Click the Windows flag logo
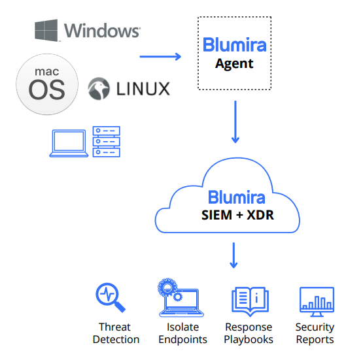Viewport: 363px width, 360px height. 46,30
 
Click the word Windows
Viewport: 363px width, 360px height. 102,31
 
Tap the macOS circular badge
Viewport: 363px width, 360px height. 47,84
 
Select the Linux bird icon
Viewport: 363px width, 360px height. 99,89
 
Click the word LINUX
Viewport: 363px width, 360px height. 143,89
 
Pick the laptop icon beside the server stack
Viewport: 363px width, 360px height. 69,143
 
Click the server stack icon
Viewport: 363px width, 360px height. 106,142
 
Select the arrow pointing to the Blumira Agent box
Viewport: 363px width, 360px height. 160,56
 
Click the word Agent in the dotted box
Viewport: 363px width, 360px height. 234,64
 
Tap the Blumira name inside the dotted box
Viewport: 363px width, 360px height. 235,44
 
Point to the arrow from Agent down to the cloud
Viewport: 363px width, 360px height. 235,122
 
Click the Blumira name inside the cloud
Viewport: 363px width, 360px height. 236,197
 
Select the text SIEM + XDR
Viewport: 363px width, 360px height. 237,215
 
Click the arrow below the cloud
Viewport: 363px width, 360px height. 233,255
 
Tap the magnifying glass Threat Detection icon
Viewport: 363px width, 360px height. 111,297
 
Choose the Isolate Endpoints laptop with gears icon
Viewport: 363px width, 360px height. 181,297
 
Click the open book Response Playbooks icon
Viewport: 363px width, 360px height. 250,302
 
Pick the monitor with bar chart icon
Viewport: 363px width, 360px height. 317,302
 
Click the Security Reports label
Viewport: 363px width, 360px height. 315,333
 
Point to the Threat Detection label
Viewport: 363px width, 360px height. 116,333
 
